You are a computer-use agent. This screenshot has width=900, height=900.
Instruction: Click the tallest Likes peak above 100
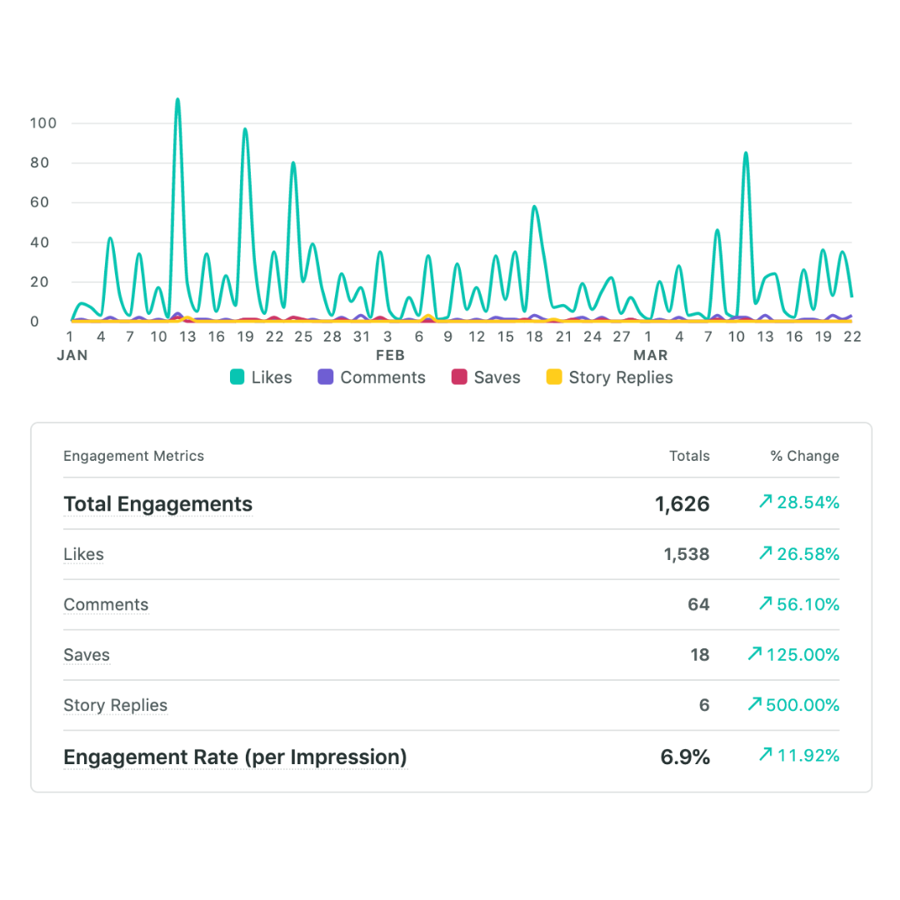coord(177,100)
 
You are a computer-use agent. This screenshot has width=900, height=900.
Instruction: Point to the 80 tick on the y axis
coord(42,162)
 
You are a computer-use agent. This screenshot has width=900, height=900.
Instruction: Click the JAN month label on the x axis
coord(72,355)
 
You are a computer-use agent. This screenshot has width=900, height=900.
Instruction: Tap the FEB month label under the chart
coord(390,355)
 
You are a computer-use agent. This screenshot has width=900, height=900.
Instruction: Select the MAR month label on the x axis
coord(650,355)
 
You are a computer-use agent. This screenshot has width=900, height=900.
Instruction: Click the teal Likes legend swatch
coord(237,377)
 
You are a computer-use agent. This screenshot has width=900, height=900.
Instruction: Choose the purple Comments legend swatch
coord(326,377)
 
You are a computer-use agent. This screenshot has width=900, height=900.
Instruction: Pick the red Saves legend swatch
coord(459,377)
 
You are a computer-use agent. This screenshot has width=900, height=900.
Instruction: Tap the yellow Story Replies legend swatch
coord(554,377)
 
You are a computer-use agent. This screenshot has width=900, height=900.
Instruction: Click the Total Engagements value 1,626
coord(682,504)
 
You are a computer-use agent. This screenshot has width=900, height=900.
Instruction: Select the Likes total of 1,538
coord(687,554)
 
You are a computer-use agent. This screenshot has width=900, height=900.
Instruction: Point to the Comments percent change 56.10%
coord(807,605)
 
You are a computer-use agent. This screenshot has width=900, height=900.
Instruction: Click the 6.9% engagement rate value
coord(685,757)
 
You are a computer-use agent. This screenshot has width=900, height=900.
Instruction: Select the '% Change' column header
coord(804,456)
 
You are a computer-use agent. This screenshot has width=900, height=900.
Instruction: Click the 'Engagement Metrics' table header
coord(133,456)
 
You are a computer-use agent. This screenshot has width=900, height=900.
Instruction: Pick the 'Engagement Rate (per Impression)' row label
coord(235,757)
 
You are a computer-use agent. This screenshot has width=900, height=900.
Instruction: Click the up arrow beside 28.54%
coord(765,502)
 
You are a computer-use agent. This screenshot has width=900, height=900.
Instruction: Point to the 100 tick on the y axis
coord(42,123)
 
